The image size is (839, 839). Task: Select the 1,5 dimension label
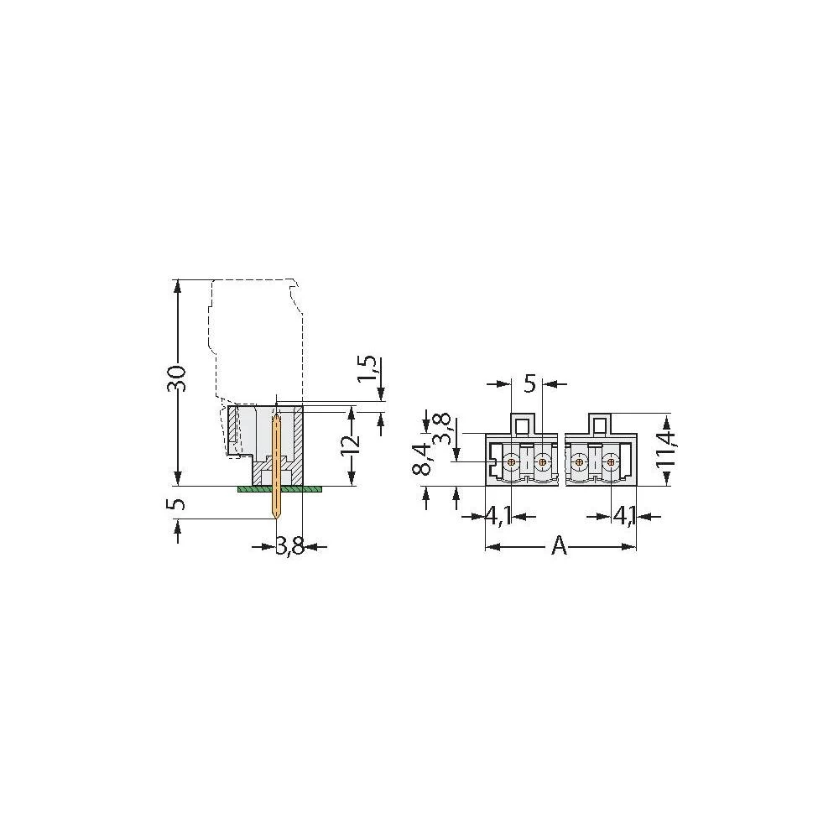367,367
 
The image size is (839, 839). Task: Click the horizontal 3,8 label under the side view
289,547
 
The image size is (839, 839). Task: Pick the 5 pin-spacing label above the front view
529,383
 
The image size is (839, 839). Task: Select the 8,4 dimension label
425,460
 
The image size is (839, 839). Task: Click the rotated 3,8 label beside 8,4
443,429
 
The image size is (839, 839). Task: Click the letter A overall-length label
560,547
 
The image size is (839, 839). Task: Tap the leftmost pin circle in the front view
512,462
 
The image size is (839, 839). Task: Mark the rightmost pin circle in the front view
610,462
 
